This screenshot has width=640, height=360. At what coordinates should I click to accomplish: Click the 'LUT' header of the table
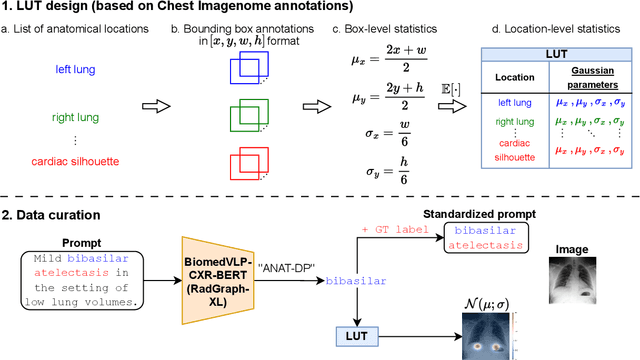[x=557, y=53]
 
